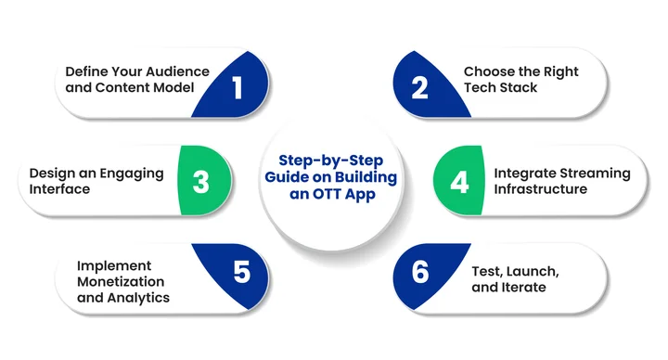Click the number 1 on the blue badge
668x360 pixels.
pos(237,88)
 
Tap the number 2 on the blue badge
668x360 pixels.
pos(419,88)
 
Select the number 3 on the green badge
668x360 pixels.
pos(200,181)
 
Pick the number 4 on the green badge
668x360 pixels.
pos(459,181)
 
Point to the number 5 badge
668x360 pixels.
pos(241,273)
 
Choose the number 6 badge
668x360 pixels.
pos(419,273)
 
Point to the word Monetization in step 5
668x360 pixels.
pos(122,281)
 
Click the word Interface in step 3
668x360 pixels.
pos(60,189)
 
